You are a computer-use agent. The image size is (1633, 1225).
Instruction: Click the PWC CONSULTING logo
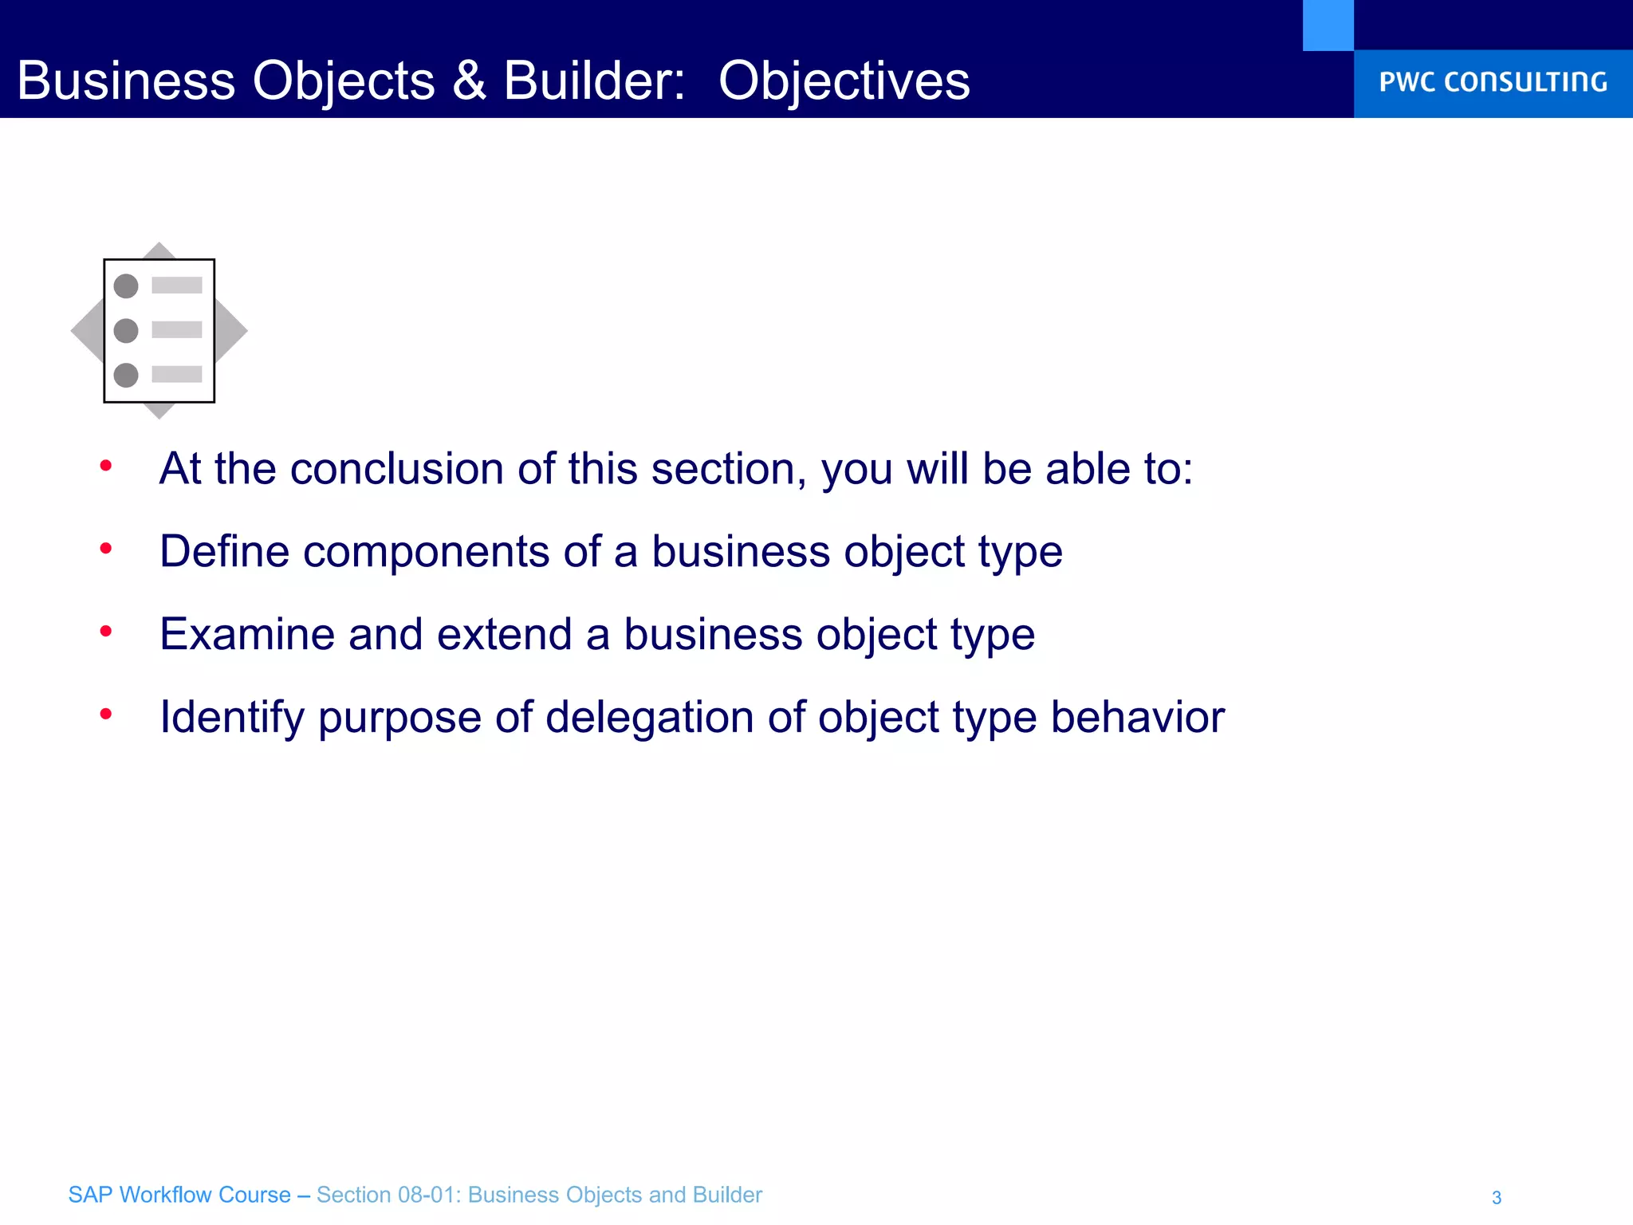coord(1493,82)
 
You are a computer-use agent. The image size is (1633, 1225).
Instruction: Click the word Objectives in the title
coord(844,81)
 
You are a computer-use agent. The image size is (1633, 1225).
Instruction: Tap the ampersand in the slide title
coord(469,81)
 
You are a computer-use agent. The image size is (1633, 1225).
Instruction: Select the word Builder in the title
coord(593,81)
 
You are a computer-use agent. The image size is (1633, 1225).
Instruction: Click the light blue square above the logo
coord(1328,25)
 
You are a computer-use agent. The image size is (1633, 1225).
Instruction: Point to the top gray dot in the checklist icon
coord(126,286)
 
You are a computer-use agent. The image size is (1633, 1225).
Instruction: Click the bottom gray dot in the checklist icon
coord(126,375)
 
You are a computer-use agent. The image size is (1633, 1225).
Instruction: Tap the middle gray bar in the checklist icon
coord(177,330)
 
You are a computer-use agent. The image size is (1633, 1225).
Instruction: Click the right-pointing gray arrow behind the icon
coord(232,330)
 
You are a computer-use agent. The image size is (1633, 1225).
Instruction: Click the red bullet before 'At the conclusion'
coord(105,466)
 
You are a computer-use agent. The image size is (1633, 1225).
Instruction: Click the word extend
coord(504,635)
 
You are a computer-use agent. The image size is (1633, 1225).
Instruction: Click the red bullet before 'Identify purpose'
coord(105,714)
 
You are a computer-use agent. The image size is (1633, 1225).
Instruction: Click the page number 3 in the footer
coord(1497,1197)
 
